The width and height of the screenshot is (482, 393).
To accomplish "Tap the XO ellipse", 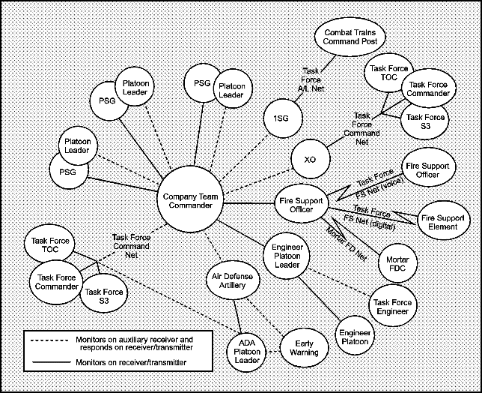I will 309,160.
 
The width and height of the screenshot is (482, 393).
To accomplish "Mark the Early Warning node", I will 305,347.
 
